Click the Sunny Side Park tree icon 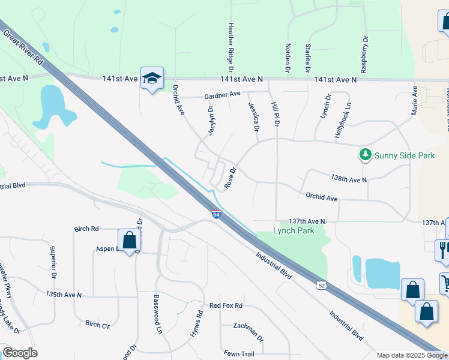[365, 155]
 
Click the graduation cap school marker [152, 77]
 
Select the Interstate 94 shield [216, 214]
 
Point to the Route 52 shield [321, 285]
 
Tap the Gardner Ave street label [221, 95]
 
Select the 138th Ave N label [348, 179]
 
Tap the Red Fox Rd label [225, 305]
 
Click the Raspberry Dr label [364, 53]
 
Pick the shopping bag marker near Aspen [128, 241]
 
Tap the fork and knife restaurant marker [443, 250]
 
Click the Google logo [20, 353]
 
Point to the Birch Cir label [97, 325]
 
